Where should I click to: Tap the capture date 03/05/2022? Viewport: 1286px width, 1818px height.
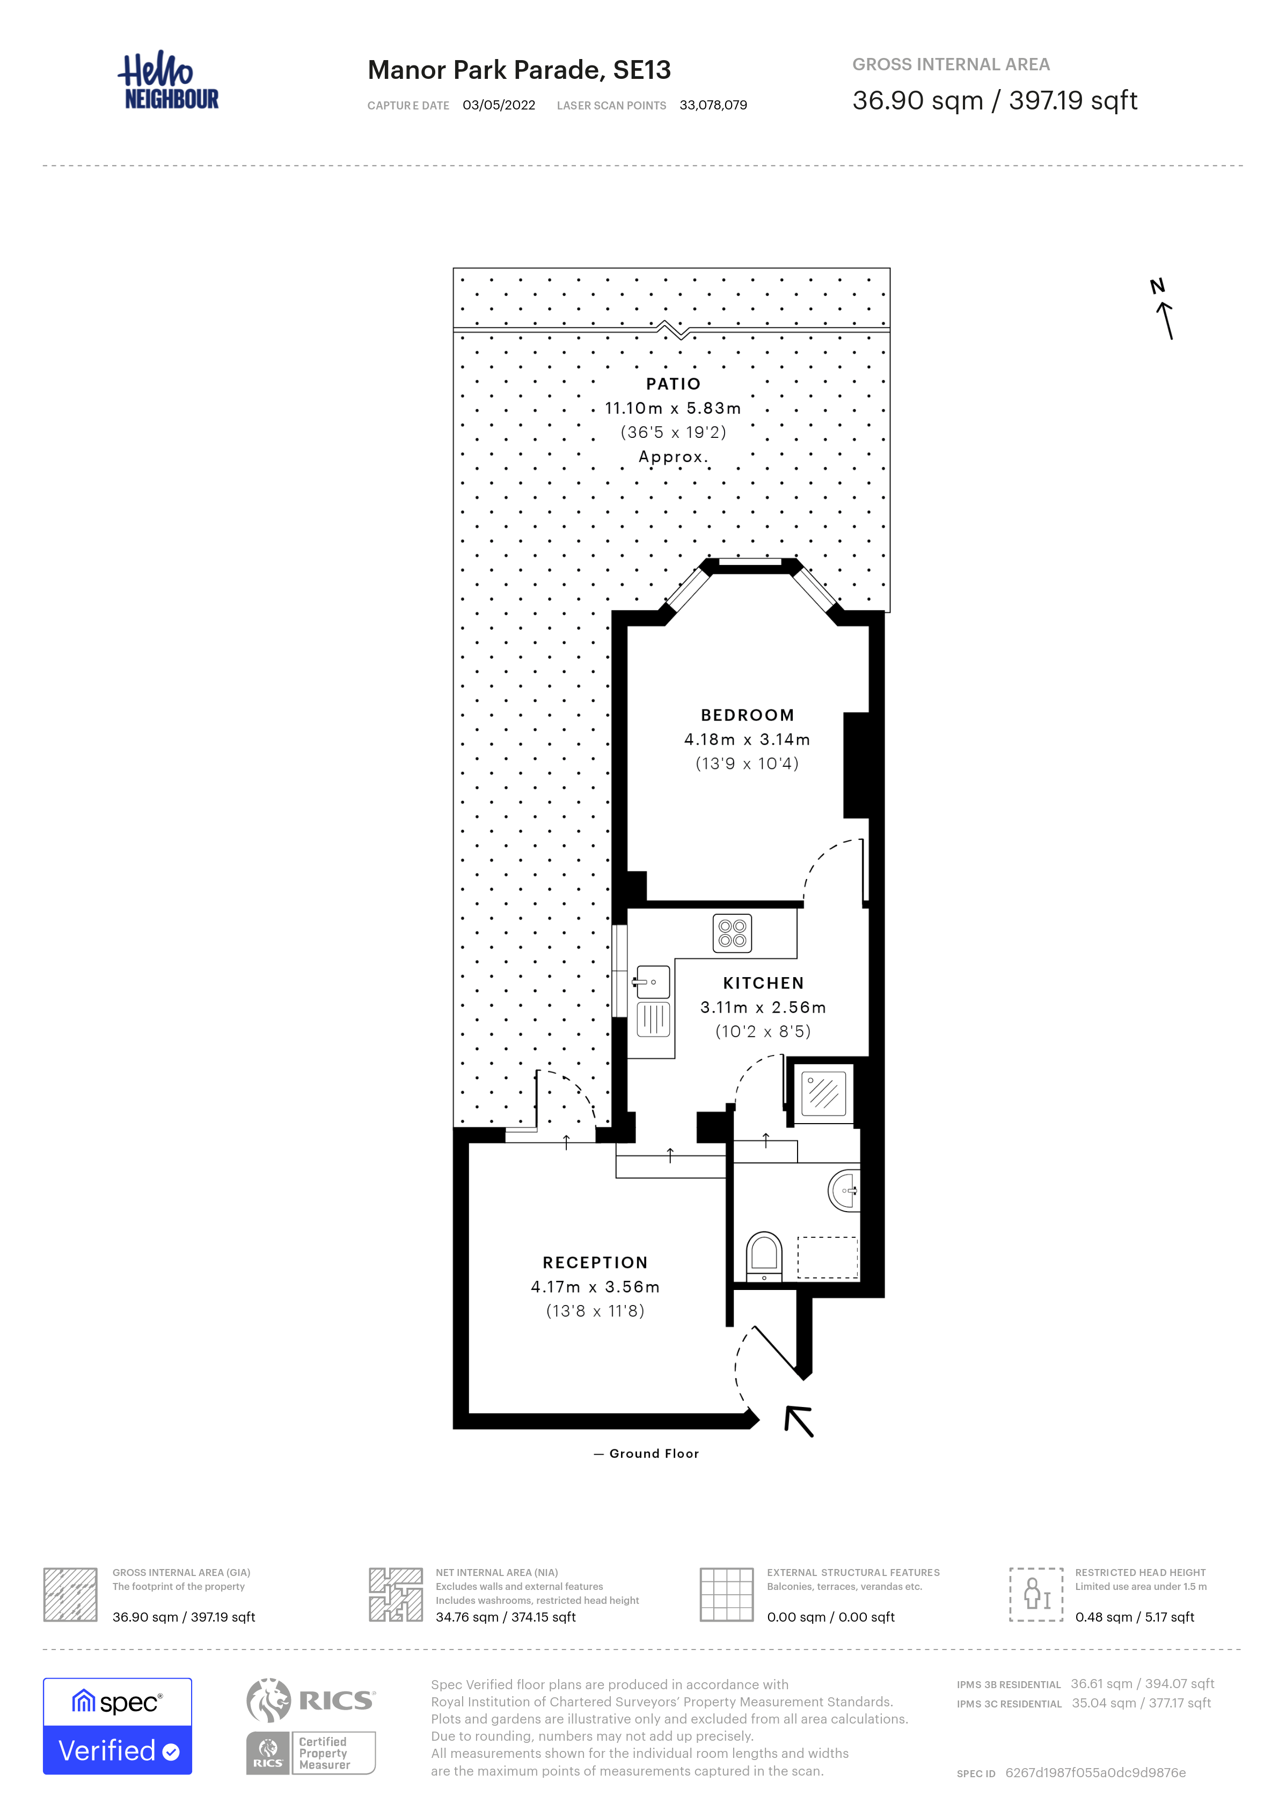499,105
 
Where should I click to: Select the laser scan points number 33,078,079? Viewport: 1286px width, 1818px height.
713,105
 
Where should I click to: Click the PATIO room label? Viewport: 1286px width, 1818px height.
673,384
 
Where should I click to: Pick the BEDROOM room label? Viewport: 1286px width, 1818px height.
748,715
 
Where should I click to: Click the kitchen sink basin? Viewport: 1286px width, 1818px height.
653,983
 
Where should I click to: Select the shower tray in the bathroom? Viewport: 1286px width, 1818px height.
823,1094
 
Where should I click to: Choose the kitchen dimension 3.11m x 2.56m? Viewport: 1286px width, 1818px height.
763,1007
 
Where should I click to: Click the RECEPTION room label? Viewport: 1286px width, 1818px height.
595,1262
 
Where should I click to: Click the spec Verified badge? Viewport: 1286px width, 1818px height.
117,1726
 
